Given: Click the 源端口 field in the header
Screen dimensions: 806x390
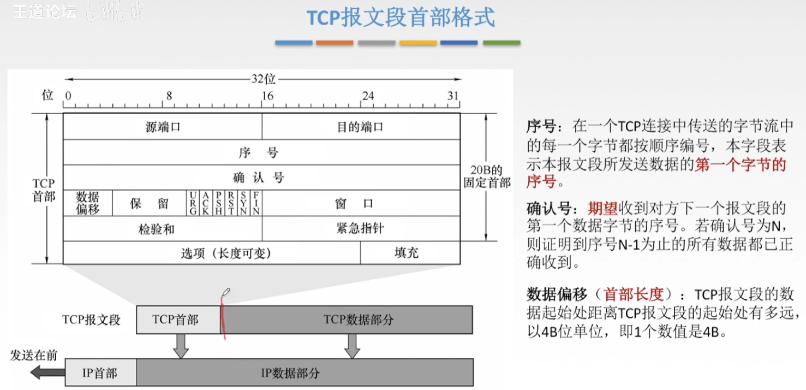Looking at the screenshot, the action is [x=163, y=127].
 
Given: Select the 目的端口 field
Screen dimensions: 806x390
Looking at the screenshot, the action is [x=361, y=127].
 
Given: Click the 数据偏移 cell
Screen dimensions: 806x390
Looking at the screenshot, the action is [x=88, y=203].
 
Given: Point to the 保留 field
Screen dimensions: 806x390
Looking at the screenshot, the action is [x=149, y=203].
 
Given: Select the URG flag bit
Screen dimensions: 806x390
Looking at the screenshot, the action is [x=193, y=203].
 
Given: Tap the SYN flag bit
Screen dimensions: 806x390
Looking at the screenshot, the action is [x=243, y=203].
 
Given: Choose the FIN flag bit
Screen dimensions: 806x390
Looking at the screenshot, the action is [x=256, y=203].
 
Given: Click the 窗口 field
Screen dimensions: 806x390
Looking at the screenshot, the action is [x=361, y=203].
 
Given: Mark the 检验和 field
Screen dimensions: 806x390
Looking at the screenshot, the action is [x=163, y=228].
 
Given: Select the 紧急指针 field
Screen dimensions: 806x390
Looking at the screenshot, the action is [x=361, y=228].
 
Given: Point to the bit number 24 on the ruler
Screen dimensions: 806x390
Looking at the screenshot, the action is [x=368, y=96].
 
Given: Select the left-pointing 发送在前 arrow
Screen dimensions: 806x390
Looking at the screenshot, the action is [x=41, y=373].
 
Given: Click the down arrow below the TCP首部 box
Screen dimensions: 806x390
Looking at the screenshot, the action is [x=181, y=345].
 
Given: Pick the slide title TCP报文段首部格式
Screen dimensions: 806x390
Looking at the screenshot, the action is [x=400, y=17].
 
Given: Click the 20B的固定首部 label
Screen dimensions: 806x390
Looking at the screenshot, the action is [x=487, y=176].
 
